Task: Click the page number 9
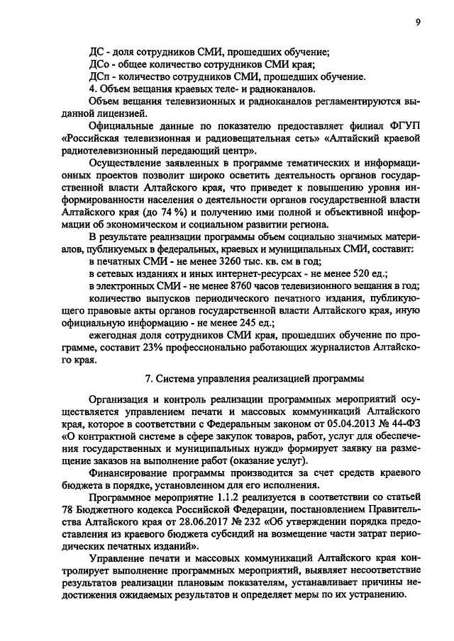click(x=419, y=22)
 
